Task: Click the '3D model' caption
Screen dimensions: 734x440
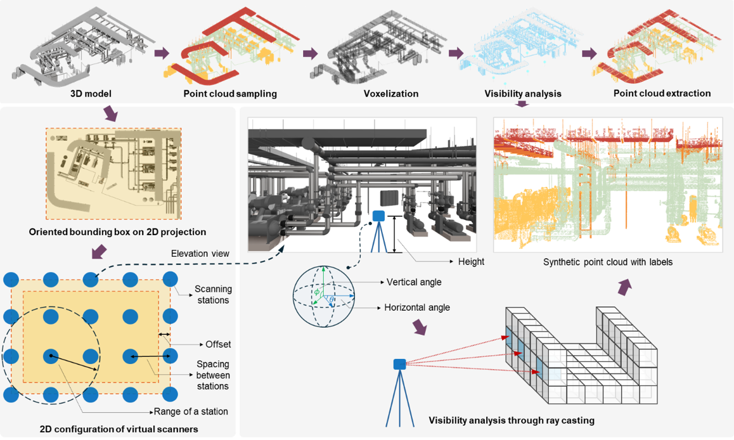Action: pos(91,94)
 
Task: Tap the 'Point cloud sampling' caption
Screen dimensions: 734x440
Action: pos(230,94)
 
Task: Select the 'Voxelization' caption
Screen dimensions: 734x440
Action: pos(391,94)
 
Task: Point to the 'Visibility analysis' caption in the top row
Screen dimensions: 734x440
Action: pos(523,94)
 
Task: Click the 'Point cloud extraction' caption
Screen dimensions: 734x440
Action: pos(662,93)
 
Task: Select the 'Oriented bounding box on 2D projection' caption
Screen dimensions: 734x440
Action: pos(117,231)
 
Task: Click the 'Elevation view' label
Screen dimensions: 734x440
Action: pos(200,254)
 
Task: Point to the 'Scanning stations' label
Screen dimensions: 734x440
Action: pos(213,294)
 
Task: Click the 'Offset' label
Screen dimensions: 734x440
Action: pos(218,344)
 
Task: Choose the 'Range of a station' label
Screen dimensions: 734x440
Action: pos(191,411)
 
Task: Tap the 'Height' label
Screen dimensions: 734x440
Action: pos(471,262)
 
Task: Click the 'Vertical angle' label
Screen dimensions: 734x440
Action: pos(414,282)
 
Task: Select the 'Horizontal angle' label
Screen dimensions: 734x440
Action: pos(417,307)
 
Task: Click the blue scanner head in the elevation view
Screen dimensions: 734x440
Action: pos(378,216)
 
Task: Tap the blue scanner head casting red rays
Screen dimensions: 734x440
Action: pos(400,364)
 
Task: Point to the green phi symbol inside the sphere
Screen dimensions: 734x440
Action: pos(317,292)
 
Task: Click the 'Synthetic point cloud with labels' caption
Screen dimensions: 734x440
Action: pos(608,262)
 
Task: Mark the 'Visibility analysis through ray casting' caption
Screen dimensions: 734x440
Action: pos(512,420)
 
